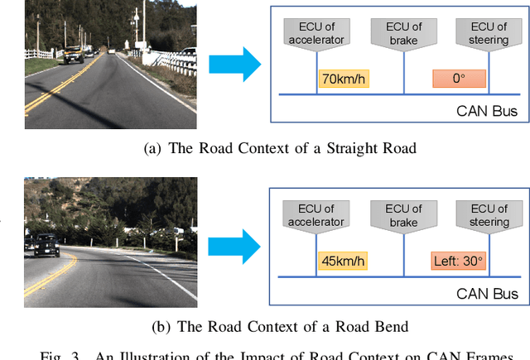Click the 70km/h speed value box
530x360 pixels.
click(343, 79)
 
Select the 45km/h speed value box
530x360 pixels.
click(343, 262)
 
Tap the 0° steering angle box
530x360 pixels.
click(459, 79)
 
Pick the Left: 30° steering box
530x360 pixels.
click(459, 262)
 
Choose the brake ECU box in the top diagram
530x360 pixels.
click(403, 31)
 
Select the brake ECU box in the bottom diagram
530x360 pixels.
click(403, 214)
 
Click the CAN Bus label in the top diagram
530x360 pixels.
click(487, 110)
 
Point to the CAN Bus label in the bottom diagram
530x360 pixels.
click(487, 293)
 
